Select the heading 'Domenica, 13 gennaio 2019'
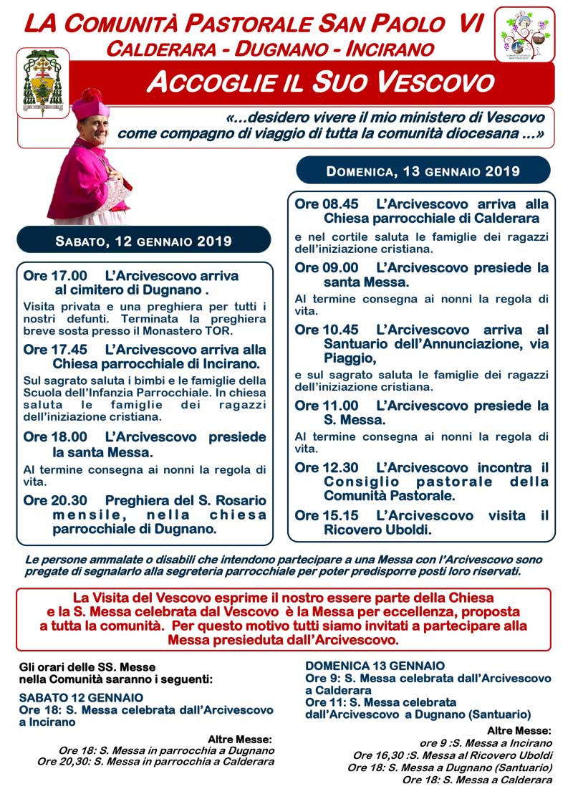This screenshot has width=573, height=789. pos(423,172)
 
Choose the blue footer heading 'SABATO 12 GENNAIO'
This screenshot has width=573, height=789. pos(81,697)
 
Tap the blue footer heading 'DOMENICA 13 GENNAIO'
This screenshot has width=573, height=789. pos(375,666)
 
